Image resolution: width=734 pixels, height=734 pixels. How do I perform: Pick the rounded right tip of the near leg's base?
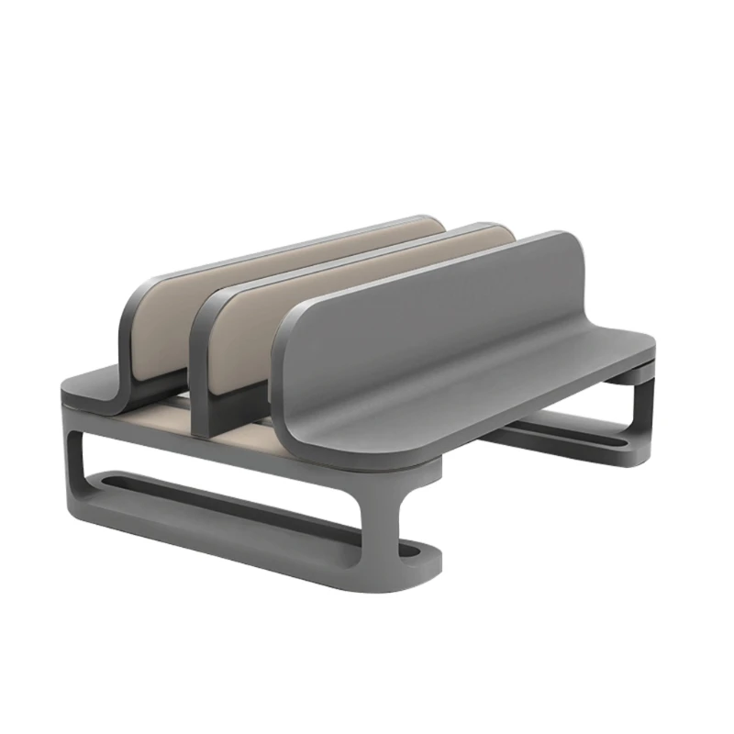tap(431, 560)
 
